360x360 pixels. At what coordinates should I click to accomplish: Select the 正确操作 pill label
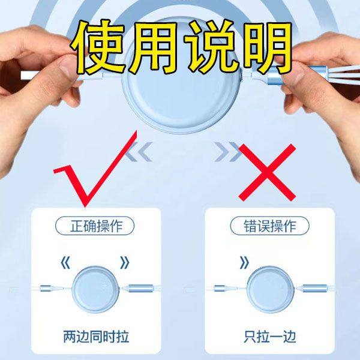pyautogui.click(x=95, y=226)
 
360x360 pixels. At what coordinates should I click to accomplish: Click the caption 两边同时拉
pyautogui.click(x=95, y=335)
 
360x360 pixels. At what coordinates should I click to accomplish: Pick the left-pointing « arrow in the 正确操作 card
pyautogui.click(x=65, y=262)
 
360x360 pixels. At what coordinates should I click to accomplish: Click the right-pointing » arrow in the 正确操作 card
pyautogui.click(x=124, y=262)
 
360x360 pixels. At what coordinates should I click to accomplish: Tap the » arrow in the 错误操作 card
pyautogui.click(x=244, y=262)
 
